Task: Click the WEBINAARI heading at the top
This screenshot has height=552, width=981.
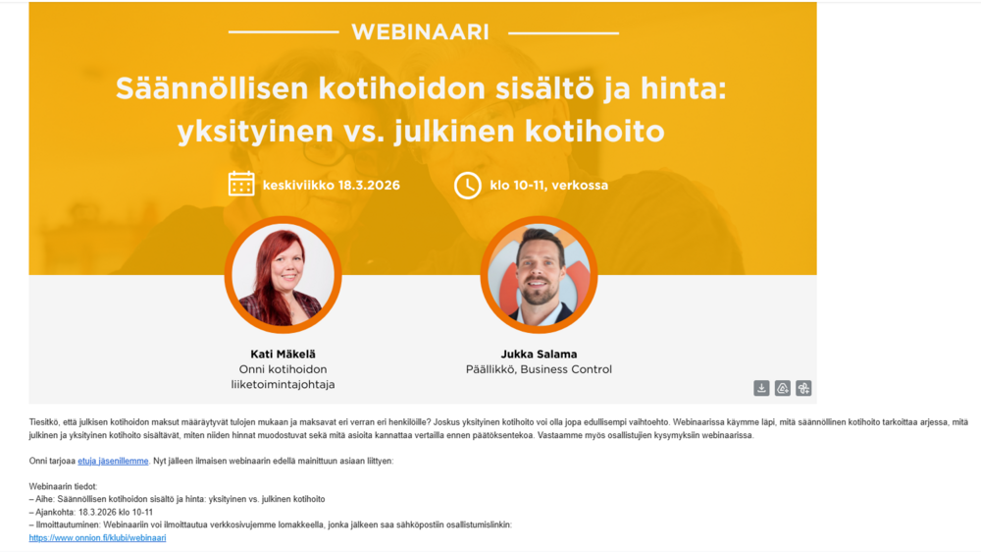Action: click(421, 32)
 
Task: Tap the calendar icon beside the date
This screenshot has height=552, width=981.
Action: click(241, 185)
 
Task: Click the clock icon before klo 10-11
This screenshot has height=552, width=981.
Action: click(467, 186)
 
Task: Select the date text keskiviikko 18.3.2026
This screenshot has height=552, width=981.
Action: click(331, 186)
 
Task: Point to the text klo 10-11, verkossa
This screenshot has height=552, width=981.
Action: click(548, 186)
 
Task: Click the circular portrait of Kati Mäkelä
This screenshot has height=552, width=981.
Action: click(283, 274)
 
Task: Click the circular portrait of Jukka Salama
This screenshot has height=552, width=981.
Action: click(539, 274)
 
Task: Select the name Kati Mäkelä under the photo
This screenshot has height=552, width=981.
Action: click(283, 354)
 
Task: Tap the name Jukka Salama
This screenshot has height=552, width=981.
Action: click(539, 354)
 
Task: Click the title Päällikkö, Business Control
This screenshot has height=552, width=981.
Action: click(539, 369)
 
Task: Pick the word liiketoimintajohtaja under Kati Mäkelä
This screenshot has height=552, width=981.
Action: click(283, 385)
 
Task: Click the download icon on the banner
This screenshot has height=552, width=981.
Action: click(761, 389)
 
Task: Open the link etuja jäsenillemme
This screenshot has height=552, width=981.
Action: click(113, 462)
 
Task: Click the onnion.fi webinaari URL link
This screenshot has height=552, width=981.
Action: click(97, 538)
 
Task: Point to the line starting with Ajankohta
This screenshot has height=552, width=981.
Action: click(90, 513)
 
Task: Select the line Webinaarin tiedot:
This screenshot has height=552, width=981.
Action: click(63, 487)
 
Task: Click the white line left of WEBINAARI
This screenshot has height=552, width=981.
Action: click(284, 32)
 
